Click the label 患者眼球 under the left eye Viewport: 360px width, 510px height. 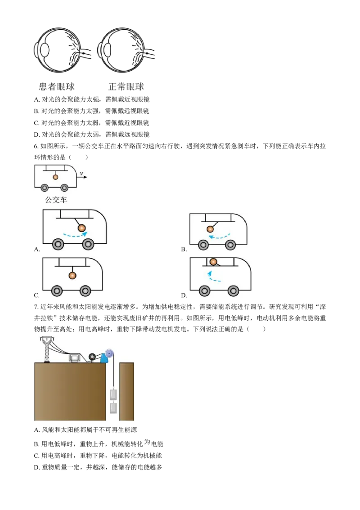(57, 86)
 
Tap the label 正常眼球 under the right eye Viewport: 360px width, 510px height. (126, 86)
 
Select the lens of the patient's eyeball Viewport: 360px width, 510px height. (45, 50)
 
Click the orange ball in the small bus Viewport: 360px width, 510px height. (55, 177)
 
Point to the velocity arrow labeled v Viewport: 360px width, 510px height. (82, 177)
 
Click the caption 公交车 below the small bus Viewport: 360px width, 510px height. (56, 200)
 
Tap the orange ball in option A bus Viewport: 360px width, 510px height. (81, 228)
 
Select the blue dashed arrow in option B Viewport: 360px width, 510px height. (219, 236)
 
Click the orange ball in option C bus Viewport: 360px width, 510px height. (72, 276)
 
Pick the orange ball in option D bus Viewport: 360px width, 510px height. (213, 261)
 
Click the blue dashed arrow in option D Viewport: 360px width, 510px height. (214, 277)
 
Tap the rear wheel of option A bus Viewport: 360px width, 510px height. (58, 244)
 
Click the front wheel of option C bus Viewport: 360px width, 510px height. (85, 291)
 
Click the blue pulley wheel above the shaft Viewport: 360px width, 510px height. (109, 353)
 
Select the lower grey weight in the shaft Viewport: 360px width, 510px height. (113, 407)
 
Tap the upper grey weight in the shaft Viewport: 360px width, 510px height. (113, 394)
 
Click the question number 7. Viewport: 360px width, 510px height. (36, 307)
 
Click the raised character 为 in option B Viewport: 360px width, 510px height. (147, 442)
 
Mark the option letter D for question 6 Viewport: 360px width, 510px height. (184, 295)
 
